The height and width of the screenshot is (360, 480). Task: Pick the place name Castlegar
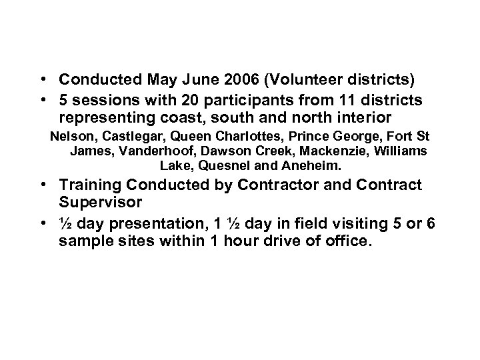pyautogui.click(x=121, y=138)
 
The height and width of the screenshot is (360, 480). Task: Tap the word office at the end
pyautogui.click(x=345, y=241)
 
